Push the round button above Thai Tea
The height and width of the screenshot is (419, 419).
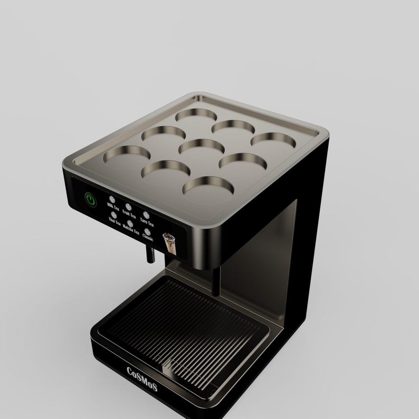coord(114,215)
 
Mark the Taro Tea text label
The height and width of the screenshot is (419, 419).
coord(147,222)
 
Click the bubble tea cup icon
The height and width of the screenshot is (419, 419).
coord(169,243)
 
